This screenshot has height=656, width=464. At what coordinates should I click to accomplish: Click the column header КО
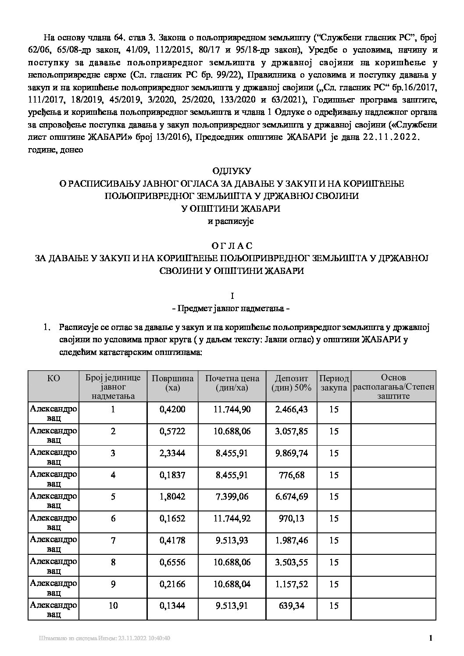tap(53, 378)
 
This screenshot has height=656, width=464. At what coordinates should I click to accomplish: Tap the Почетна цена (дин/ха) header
tap(232, 383)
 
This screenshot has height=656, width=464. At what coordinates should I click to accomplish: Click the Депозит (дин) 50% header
tap(292, 383)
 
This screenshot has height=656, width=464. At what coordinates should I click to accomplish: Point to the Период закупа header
tap(334, 383)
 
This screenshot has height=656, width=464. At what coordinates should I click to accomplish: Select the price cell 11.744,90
tap(232, 409)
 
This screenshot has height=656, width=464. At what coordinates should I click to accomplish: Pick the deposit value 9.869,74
tap(292, 453)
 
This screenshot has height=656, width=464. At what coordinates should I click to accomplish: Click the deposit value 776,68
tap(292, 475)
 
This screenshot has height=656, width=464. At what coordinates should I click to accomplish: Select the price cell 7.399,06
tap(232, 497)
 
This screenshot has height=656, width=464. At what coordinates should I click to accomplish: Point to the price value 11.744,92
tap(232, 519)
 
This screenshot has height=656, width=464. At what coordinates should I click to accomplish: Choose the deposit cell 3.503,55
tap(292, 563)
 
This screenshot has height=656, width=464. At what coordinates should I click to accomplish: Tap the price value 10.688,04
tap(232, 585)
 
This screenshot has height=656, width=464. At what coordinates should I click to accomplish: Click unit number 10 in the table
tap(113, 606)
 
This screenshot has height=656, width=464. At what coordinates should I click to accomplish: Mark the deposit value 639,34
tap(292, 606)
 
